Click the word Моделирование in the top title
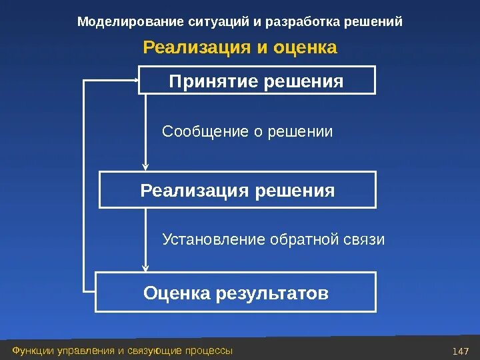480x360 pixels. coord(121,22)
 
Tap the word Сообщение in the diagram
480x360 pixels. coord(205,132)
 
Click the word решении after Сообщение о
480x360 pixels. coord(300,132)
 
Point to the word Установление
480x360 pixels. coord(214,239)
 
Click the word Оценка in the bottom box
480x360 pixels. coord(177,293)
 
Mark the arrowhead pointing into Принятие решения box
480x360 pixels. coord(135,81)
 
